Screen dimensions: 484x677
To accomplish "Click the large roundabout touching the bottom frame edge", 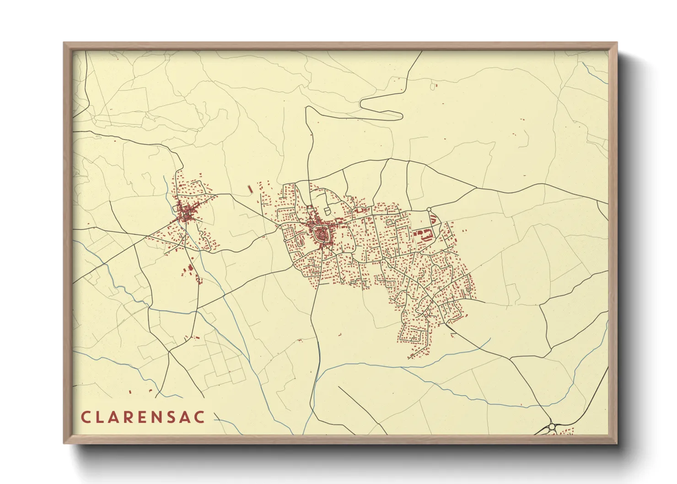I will (552, 427).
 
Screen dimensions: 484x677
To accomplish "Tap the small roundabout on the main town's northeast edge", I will (429, 210).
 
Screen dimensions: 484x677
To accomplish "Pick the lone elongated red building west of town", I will (250, 188).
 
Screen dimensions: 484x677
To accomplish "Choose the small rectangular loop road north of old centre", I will (327, 210).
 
